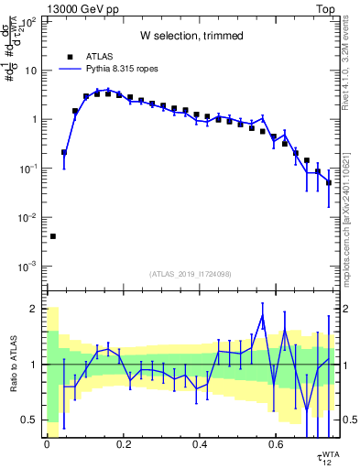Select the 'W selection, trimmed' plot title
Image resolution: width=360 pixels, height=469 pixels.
pyautogui.click(x=191, y=36)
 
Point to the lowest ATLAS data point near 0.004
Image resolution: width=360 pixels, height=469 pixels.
pyautogui.click(x=53, y=236)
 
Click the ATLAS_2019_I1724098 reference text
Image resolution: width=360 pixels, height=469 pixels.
pyautogui.click(x=191, y=273)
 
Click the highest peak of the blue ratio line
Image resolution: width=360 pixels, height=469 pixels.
pyautogui.click(x=262, y=315)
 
